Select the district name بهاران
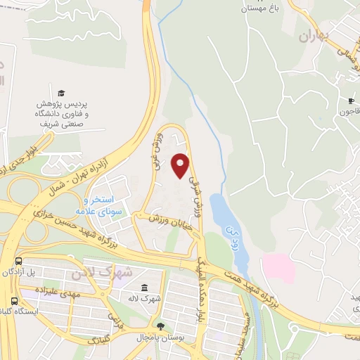313,37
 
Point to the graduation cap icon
61,93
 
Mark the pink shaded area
279,269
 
